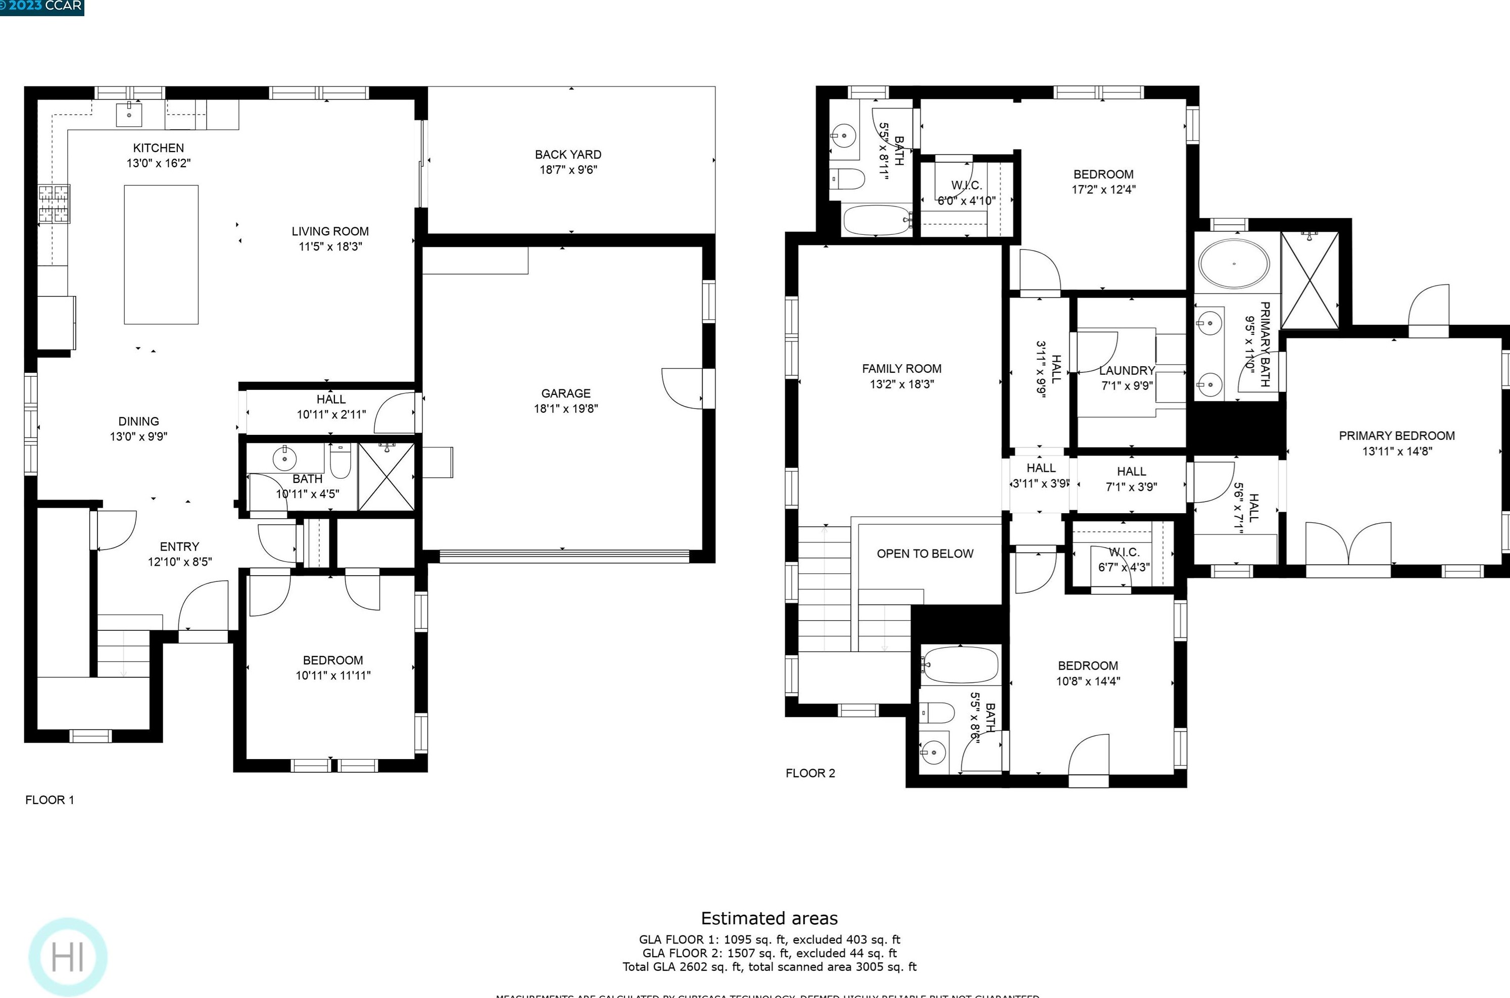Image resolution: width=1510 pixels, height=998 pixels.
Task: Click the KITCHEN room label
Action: [158, 147]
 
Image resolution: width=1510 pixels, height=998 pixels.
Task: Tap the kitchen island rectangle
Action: [161, 255]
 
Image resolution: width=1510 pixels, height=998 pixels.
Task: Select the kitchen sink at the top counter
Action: [129, 115]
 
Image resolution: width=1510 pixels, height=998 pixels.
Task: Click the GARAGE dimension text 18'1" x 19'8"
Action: [565, 409]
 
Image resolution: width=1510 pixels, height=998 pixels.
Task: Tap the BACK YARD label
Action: [567, 155]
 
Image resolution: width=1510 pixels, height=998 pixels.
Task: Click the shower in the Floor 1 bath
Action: [386, 477]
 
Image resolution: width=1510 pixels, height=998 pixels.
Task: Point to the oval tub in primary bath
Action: [1234, 264]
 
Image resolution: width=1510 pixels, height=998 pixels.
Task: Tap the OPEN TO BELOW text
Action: [924, 554]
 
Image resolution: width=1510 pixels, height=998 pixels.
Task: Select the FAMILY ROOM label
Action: [901, 369]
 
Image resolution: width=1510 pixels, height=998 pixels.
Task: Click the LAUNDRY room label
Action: [1127, 370]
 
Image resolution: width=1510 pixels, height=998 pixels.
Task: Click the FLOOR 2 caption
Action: [810, 773]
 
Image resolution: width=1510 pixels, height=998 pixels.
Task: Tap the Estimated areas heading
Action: [769, 918]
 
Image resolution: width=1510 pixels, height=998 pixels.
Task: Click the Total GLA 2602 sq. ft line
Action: [769, 967]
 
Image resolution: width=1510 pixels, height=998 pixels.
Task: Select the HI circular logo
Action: [68, 957]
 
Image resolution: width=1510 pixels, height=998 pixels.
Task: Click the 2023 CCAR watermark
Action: [42, 7]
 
